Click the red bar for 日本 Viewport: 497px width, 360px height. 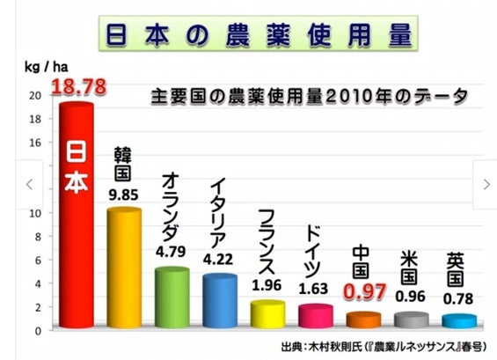77,215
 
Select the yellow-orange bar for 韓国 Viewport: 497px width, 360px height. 124,268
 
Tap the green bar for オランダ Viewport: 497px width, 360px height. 172,298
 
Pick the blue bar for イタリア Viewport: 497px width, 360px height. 220,301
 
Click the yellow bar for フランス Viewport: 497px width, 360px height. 267,314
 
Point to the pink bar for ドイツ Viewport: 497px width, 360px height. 316,316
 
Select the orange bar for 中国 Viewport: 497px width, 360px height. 363,320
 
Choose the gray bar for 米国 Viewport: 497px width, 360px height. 412,320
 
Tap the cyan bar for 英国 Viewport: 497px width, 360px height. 459,321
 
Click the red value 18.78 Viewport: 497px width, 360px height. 78,86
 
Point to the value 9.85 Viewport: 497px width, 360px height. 124,195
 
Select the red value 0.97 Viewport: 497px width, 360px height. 365,292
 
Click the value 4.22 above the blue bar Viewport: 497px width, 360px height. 218,259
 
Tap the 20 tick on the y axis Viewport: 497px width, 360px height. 35,95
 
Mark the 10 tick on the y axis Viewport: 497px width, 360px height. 35,213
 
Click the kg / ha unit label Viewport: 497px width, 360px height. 47,67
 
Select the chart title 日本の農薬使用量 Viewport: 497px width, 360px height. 259,33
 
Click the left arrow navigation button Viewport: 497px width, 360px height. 29,184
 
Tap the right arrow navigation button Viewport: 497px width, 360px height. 486,184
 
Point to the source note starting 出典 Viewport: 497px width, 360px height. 384,347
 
